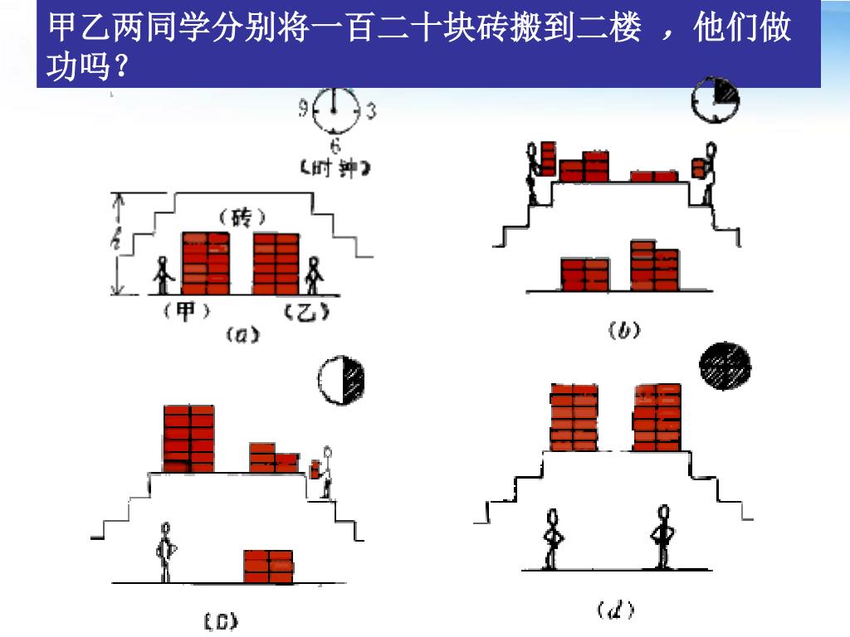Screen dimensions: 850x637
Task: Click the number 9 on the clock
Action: click(x=305, y=109)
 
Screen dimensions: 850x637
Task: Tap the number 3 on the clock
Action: click(x=370, y=109)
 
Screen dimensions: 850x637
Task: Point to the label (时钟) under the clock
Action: click(x=334, y=168)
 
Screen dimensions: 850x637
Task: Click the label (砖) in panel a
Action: click(x=242, y=218)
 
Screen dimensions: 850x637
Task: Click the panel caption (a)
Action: click(x=242, y=335)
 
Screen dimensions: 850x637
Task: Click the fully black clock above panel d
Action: click(x=725, y=366)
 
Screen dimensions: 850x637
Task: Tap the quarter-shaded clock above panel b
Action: click(x=716, y=99)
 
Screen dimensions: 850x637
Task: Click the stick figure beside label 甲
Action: click(x=163, y=276)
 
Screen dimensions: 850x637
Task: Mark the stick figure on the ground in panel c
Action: click(x=166, y=552)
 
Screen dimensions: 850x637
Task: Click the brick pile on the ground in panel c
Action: click(x=268, y=566)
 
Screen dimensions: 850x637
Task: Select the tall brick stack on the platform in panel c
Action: click(x=188, y=439)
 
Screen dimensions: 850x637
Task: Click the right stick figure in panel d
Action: click(x=662, y=537)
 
